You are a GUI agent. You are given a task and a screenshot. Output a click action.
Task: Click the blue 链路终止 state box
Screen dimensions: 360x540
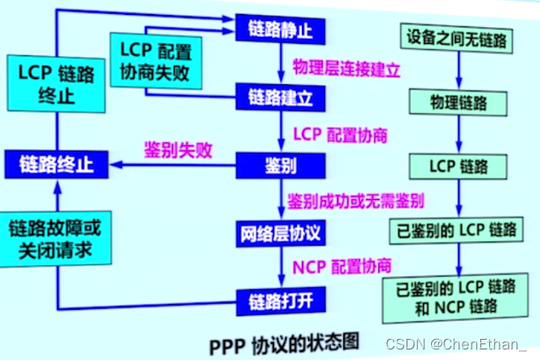[x=55, y=163]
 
